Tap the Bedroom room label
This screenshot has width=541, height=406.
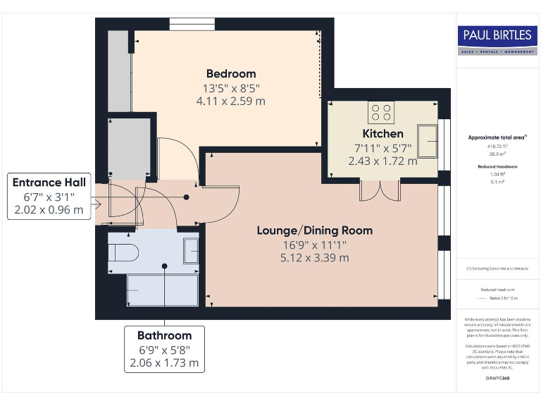[231, 74]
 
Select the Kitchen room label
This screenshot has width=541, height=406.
[383, 134]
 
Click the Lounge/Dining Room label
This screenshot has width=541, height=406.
[314, 230]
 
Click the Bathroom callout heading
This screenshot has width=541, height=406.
[164, 336]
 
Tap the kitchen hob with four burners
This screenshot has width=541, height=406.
[381, 112]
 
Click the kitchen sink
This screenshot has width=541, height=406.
[427, 141]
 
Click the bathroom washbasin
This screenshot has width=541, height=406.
[191, 251]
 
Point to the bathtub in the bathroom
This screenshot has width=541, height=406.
[162, 290]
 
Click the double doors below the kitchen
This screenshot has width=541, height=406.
[380, 190]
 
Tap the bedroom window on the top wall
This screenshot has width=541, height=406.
[192, 24]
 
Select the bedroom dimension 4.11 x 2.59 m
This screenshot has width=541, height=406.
[231, 101]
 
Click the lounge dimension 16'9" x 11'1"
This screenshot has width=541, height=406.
[314, 245]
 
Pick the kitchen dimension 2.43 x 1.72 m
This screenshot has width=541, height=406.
[383, 161]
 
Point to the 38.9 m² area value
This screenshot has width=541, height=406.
[497, 152]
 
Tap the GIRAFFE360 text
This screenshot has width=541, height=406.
[497, 379]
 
